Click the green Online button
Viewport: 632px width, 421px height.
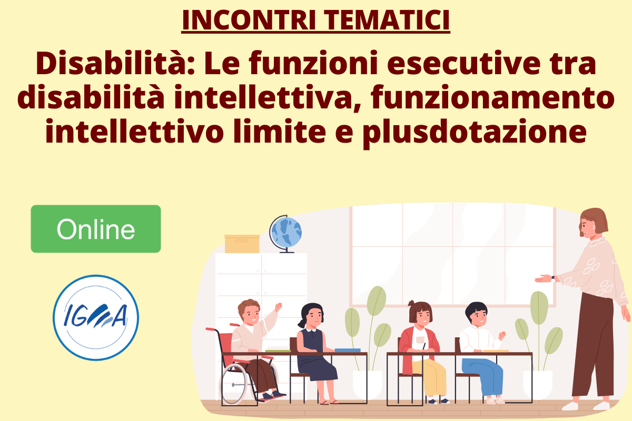coord(96,229)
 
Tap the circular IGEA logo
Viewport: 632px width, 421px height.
coord(96,317)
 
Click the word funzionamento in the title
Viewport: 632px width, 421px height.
coord(492,97)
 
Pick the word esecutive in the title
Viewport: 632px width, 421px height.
coord(463,63)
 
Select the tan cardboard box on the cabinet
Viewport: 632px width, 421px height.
coord(242,244)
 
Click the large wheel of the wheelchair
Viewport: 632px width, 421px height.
coord(234,384)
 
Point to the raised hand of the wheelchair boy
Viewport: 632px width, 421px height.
coord(278,307)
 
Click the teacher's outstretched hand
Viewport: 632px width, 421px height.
coord(543,278)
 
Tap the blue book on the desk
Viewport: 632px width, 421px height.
coord(348,350)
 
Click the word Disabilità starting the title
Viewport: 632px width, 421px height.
coord(115,63)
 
